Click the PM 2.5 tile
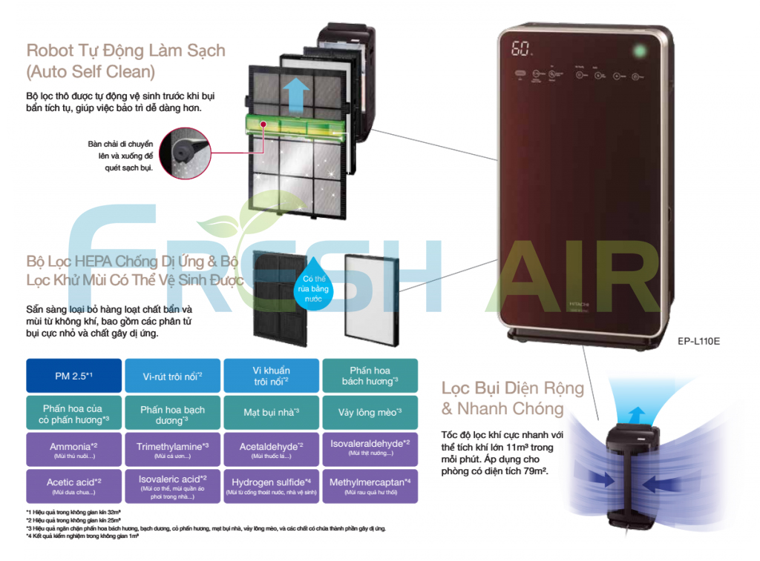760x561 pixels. point(73,376)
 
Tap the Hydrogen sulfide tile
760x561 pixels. point(271,486)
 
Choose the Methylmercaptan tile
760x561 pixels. point(370,486)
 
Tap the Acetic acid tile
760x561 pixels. point(73,486)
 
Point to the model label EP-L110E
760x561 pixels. point(698,342)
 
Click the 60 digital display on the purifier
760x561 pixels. point(522,50)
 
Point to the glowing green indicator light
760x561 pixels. point(636,51)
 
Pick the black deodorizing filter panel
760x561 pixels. point(278,296)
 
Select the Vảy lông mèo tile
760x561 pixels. point(370,412)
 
